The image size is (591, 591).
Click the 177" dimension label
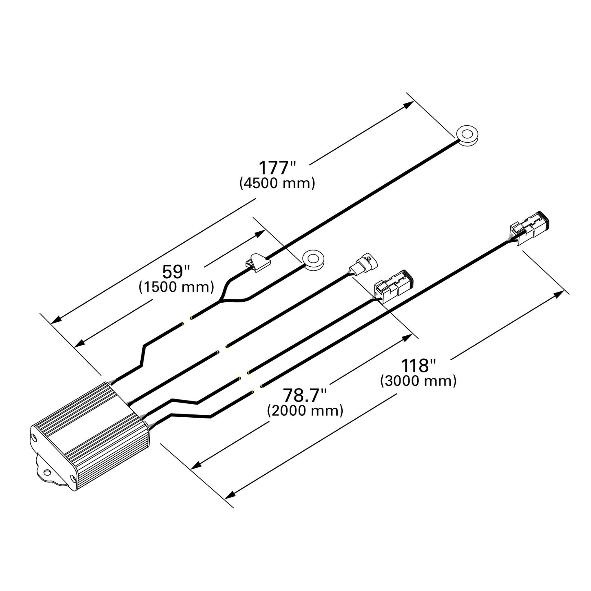[x=277, y=168]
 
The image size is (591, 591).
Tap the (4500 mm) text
[x=277, y=183]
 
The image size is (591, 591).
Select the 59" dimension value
[x=176, y=271]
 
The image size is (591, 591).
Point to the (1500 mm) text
[x=176, y=287]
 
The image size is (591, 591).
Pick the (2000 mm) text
[x=305, y=410]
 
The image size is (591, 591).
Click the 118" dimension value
[x=418, y=365]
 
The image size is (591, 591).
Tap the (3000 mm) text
[x=418, y=381]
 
